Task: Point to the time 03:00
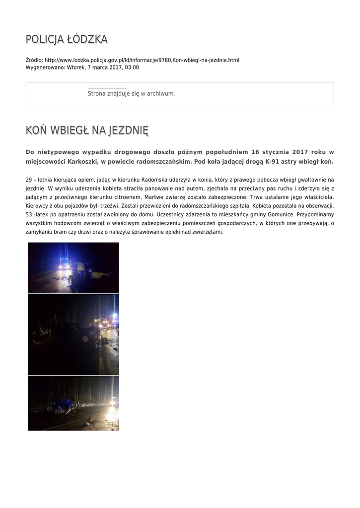coord(132,67)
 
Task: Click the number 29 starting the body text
coord(28,179)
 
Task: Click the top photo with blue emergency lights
coord(73,267)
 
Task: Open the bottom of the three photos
coord(73,403)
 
